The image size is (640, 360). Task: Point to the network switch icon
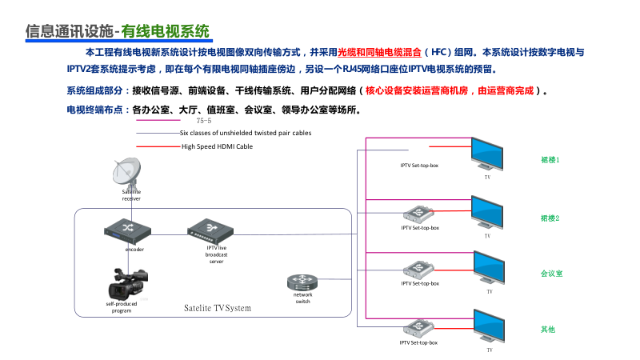(x=302, y=282)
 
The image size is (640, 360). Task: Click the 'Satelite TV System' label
(x=218, y=308)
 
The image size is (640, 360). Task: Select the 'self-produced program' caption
(x=122, y=307)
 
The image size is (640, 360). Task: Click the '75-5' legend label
(x=204, y=120)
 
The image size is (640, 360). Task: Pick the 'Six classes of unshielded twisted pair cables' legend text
(x=246, y=133)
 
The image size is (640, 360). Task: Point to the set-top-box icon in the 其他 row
(x=419, y=327)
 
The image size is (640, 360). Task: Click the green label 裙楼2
(x=550, y=218)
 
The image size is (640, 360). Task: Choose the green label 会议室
(x=551, y=274)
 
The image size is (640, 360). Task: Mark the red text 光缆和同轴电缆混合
(x=380, y=52)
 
